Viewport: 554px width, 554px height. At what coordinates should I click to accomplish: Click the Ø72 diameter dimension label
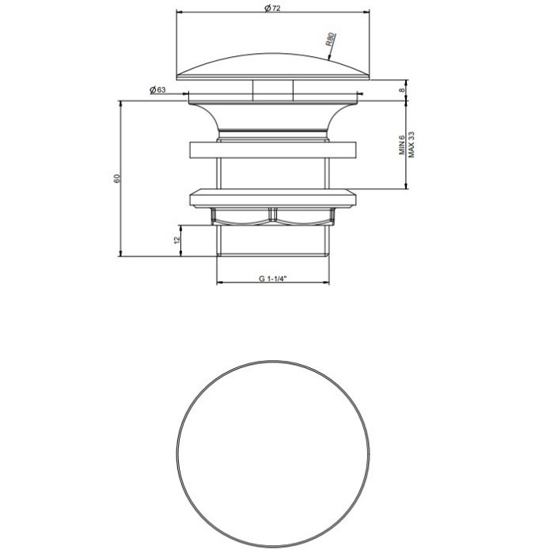click(x=272, y=8)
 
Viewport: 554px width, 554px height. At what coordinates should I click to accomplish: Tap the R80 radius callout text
click(x=330, y=40)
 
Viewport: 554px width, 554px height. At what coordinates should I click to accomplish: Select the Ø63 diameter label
click(x=157, y=90)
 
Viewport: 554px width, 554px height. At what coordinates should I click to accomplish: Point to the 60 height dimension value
click(x=117, y=178)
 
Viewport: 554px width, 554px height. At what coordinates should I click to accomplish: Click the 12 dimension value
click(x=177, y=240)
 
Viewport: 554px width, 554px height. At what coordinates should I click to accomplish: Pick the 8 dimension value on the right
click(x=402, y=90)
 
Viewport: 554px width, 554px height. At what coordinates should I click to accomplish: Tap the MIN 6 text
click(x=402, y=145)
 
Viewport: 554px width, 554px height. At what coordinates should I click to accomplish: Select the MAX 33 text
click(x=411, y=145)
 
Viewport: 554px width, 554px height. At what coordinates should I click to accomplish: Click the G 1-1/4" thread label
click(x=272, y=279)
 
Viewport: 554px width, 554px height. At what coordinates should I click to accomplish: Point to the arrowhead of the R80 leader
click(x=329, y=59)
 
